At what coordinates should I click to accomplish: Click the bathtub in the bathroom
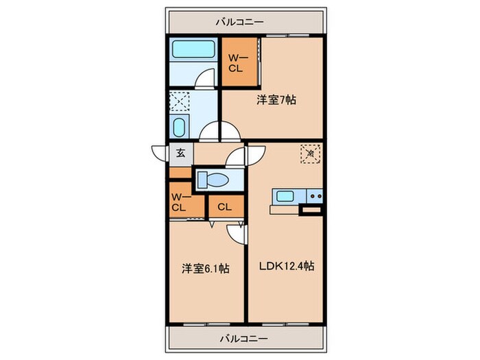point(194,49)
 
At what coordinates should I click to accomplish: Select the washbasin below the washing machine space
point(179,128)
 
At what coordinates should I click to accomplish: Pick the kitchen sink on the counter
point(285,197)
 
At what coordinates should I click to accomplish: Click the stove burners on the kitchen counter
point(315,197)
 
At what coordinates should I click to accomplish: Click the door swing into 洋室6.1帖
point(237,233)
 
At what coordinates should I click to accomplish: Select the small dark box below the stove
point(311,211)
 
